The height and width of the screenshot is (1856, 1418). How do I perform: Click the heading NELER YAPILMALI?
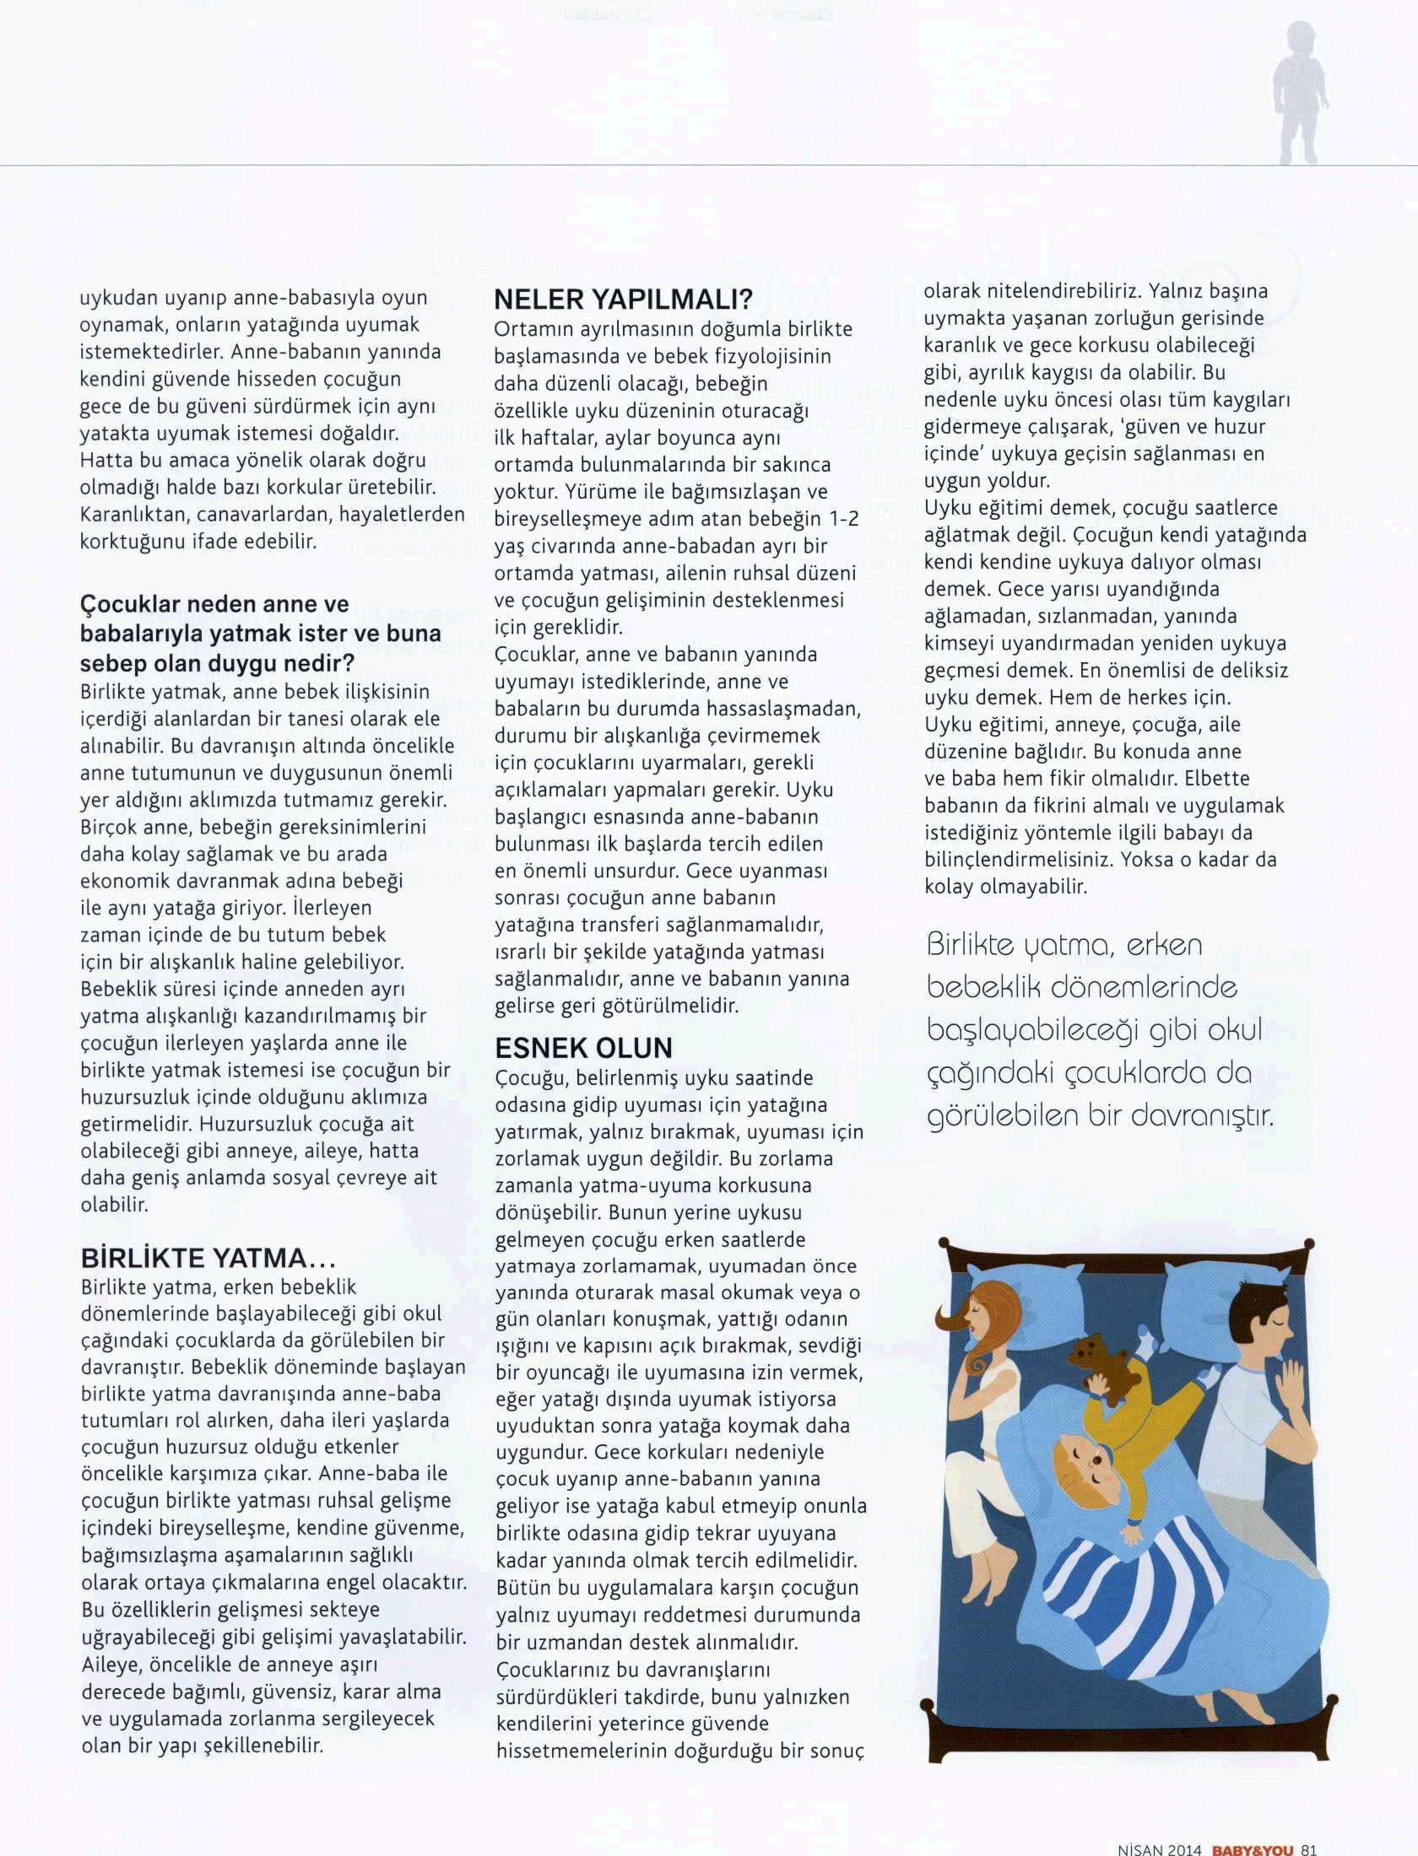point(622,299)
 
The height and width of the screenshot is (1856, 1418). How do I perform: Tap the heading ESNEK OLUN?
point(583,1049)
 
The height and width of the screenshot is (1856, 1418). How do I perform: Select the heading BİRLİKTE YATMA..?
point(208,1259)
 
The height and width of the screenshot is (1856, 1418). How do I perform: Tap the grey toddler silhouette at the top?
point(1300,93)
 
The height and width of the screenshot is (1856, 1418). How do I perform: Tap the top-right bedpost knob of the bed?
point(1309,1244)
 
